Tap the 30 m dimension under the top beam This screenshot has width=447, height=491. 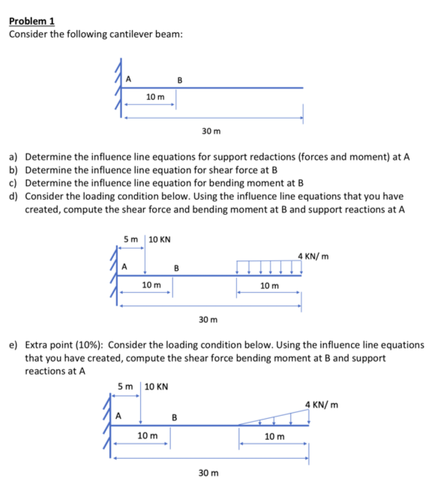(x=211, y=131)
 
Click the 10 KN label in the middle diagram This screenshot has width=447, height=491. (x=160, y=240)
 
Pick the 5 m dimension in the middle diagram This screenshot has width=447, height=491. (x=130, y=240)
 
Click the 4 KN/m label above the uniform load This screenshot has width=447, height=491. (x=313, y=257)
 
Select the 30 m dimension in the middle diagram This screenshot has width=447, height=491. (x=208, y=320)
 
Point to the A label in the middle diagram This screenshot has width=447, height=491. (x=125, y=265)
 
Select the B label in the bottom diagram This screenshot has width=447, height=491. (x=174, y=417)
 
